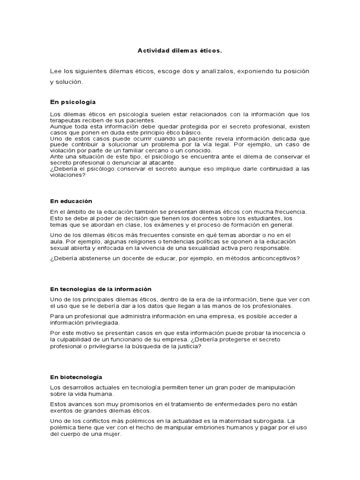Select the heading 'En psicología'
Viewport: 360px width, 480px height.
tap(73, 101)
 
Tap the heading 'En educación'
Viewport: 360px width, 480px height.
tap(71, 201)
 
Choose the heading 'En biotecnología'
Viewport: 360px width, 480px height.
tap(76, 377)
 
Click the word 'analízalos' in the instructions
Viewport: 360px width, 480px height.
tap(218, 71)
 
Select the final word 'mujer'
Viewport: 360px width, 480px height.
tap(112, 434)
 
